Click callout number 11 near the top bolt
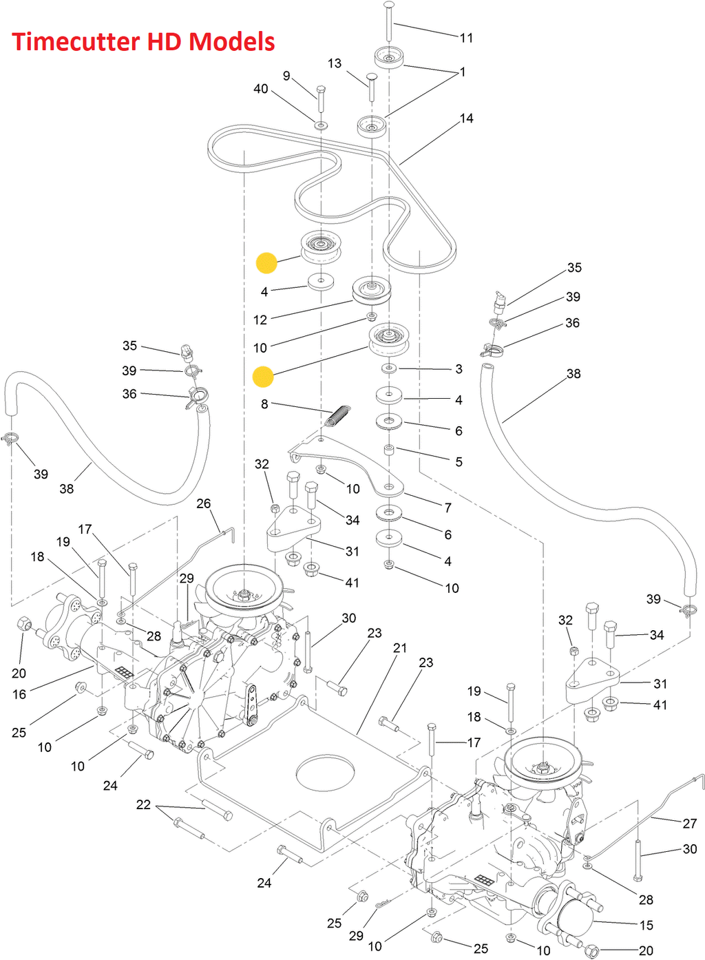(467, 38)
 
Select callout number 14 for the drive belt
(467, 118)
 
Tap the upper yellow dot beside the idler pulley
(266, 262)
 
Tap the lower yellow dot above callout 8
(263, 377)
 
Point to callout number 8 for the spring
(264, 404)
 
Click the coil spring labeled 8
(338, 415)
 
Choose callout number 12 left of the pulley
(260, 320)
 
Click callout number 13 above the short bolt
(335, 63)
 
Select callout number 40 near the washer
(261, 89)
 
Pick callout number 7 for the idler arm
(448, 508)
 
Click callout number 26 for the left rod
(204, 503)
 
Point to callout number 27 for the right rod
(690, 823)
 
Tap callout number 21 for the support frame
(400, 648)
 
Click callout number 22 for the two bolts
(143, 804)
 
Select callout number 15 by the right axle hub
(646, 925)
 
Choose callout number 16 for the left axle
(19, 694)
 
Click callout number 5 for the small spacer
(459, 461)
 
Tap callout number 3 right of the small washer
(459, 369)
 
